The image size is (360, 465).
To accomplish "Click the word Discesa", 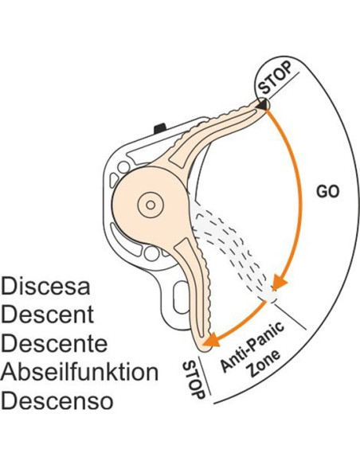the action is tap(45, 286).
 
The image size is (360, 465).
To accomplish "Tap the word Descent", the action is tap(48, 315).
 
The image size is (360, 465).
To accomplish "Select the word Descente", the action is tap(54, 343).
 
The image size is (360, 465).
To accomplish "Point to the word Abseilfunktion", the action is tap(80, 372).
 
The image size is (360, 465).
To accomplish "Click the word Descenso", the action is tap(57, 401).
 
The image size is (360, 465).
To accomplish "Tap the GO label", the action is tap(327, 192).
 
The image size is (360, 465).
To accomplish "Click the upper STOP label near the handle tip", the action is tap(275, 77).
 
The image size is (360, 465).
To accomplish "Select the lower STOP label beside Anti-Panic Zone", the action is tap(194, 380).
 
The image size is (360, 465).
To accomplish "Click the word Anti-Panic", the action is tap(252, 346).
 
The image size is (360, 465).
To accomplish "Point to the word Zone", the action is tap(264, 363).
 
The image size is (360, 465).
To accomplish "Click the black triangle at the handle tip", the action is tap(262, 104).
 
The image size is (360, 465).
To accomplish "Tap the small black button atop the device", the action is tap(160, 127).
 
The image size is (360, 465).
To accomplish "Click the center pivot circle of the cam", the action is tap(151, 205).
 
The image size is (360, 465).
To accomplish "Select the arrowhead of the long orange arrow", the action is tap(280, 282).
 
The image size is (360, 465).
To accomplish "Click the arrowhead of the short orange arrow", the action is tap(211, 340).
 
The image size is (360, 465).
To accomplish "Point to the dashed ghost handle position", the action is tap(234, 252).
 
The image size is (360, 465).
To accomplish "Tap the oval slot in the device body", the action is tap(181, 297).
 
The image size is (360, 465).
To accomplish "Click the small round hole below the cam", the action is tap(151, 253).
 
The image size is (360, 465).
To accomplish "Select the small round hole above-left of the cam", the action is tap(123, 167).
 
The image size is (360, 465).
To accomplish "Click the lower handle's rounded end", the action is tap(204, 346).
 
